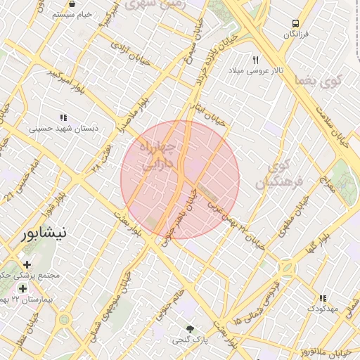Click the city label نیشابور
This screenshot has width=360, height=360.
click(44, 232)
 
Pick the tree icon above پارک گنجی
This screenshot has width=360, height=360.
click(189, 328)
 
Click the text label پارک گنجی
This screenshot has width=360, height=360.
click(188, 340)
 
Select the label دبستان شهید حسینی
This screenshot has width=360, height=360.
click(63, 129)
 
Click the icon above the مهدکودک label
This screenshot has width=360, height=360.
click(323, 298)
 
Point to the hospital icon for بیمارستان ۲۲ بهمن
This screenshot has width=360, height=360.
click(23, 289)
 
